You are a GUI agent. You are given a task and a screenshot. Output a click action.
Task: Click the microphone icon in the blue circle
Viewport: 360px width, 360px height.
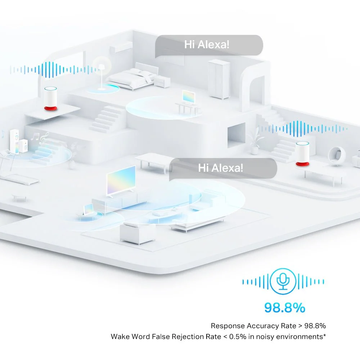(x=283, y=281)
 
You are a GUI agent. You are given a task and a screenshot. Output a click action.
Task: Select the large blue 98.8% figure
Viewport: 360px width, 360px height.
(x=285, y=308)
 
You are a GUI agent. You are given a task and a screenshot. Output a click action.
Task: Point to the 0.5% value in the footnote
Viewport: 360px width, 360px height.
(x=238, y=337)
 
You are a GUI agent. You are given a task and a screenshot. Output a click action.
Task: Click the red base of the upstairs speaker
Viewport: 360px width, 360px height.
(x=50, y=108)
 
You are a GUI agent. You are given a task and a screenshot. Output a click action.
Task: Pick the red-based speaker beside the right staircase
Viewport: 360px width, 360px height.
(x=302, y=154)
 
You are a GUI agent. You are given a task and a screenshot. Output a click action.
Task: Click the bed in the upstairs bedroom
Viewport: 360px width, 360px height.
(x=132, y=77)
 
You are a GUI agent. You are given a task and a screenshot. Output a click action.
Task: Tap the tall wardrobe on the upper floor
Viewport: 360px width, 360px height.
(x=219, y=79)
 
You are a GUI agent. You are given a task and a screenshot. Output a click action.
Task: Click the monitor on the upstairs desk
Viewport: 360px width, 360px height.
(x=189, y=97)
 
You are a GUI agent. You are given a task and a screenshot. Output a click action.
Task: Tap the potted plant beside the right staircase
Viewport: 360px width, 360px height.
(x=255, y=140)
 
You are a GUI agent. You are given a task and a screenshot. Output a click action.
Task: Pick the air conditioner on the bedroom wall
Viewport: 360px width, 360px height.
(x=121, y=47)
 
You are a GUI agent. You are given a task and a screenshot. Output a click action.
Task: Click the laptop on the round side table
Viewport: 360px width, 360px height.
(x=89, y=210)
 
